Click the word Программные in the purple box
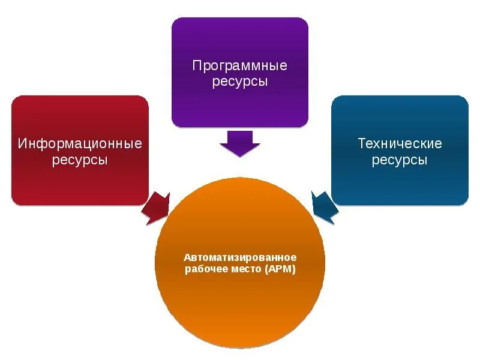239,65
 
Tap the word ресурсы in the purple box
239,82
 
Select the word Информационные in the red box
80,144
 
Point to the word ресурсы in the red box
80,160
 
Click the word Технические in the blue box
400,144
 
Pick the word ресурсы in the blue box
400,160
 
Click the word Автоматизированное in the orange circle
240,257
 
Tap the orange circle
240,306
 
